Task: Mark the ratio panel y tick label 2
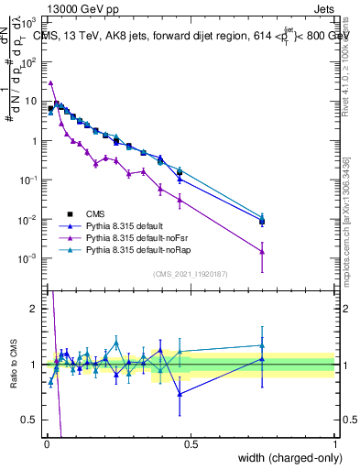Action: coord(33,309)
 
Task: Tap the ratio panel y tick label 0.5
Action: coord(29,420)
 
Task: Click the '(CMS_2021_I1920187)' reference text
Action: coord(191,274)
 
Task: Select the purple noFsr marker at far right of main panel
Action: coord(262,252)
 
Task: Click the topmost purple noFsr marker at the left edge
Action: coord(51,82)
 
